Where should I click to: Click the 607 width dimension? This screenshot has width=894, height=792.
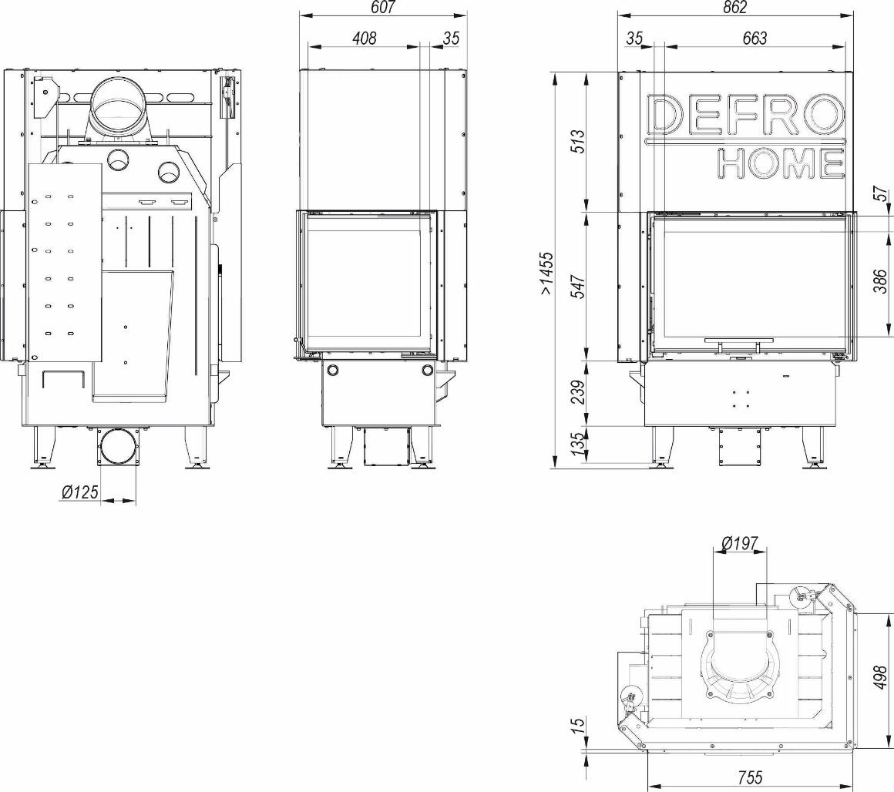(382, 7)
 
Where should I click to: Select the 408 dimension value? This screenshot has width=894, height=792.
(364, 39)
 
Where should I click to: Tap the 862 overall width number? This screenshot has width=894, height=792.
(734, 7)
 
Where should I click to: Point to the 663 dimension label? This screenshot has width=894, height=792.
(755, 39)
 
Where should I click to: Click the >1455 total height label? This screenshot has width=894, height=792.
(546, 273)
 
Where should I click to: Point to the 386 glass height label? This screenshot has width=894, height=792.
(880, 281)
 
